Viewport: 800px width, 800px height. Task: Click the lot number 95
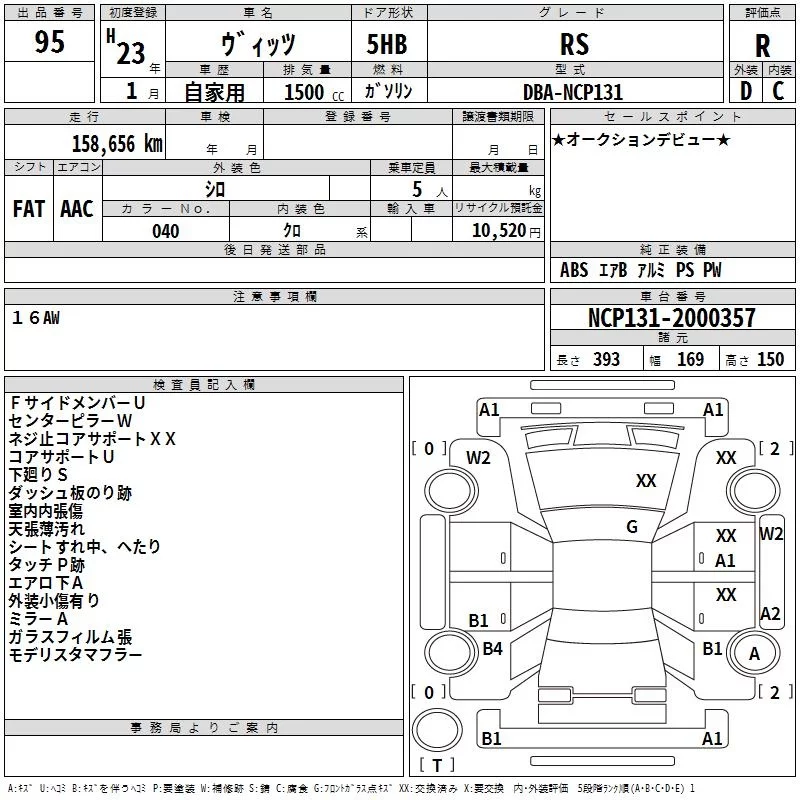(49, 42)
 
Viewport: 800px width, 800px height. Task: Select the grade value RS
(575, 44)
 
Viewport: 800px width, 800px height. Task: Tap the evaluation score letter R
(762, 46)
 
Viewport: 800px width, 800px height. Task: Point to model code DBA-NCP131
(573, 92)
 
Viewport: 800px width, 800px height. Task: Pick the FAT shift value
(29, 208)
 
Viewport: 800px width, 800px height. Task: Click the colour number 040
(166, 231)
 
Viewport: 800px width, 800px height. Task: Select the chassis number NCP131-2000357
(672, 318)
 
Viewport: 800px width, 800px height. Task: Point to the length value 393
(606, 360)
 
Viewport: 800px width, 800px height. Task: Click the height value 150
(770, 360)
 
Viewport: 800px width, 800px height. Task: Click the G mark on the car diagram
(632, 527)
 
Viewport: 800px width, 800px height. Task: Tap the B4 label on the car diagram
(492, 649)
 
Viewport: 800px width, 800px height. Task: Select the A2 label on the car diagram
(770, 614)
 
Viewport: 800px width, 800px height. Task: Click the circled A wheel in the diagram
(754, 654)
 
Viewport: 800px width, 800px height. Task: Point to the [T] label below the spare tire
(438, 765)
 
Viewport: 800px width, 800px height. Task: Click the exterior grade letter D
(746, 91)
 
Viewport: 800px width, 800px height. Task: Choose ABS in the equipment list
(574, 270)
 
